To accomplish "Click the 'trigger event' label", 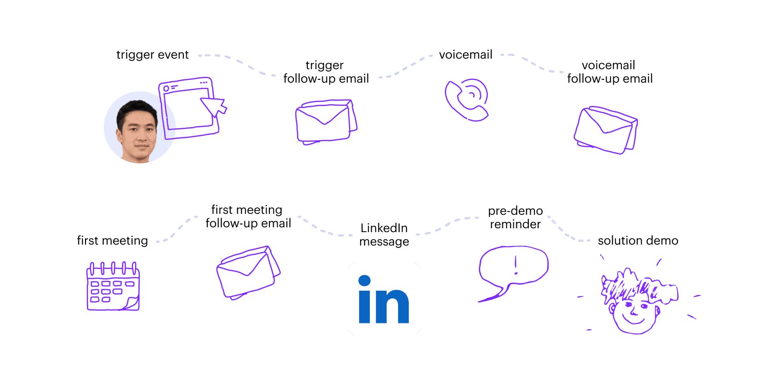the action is (x=152, y=55).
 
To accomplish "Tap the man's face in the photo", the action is (x=138, y=133).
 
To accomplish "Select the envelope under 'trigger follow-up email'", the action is (x=326, y=122).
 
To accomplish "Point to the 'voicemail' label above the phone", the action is (x=466, y=55).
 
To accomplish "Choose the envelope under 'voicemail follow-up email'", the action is (x=606, y=130).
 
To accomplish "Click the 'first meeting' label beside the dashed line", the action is (x=112, y=240).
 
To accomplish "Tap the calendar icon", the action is (x=113, y=286).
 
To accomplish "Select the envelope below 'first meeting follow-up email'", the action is (x=248, y=272).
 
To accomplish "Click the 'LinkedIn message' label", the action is (x=384, y=235).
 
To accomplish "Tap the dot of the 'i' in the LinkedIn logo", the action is (x=365, y=281).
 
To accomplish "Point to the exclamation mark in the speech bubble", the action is (x=516, y=265).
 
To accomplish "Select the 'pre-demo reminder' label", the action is (x=515, y=217).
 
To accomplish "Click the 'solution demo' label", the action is (x=638, y=240).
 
